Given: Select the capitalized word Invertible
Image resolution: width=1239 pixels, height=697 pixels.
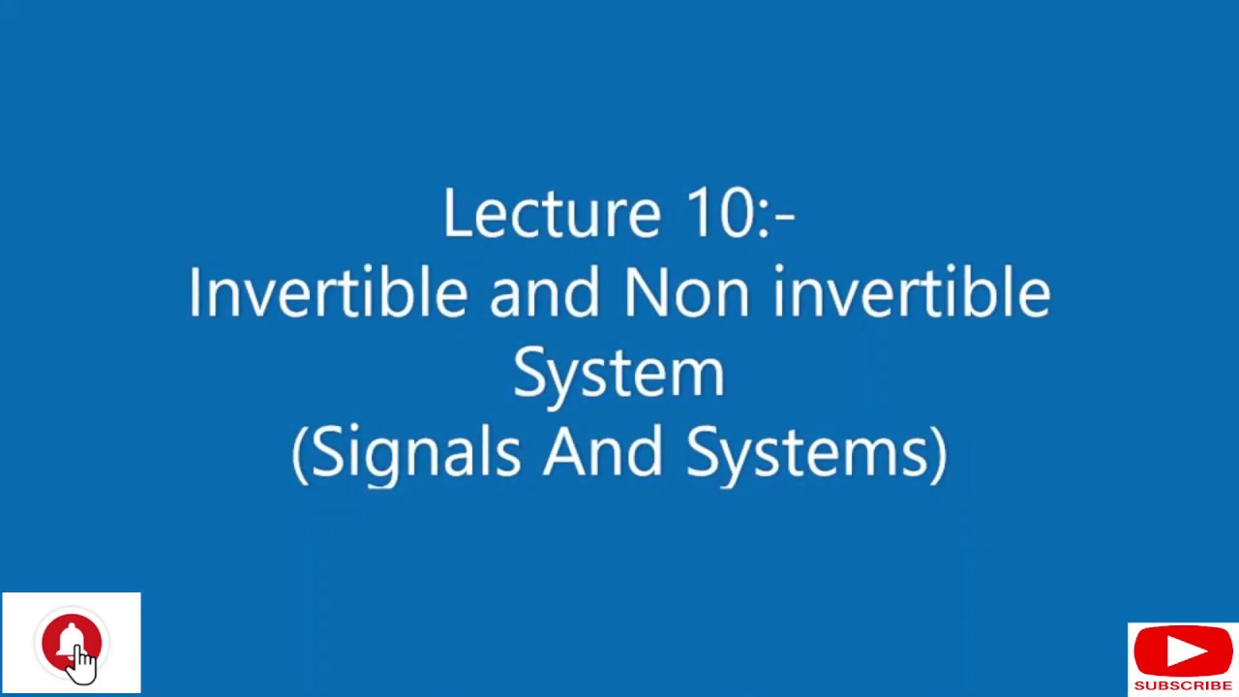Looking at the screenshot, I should (327, 292).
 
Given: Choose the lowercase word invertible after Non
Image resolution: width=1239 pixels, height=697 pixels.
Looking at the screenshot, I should (911, 292).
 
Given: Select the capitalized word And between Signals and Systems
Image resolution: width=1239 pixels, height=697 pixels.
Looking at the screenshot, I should (603, 452).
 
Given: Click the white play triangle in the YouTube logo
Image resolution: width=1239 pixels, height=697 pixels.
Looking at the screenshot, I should (1184, 652).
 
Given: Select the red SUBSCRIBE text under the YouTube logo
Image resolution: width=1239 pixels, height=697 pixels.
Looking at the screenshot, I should (1183, 685).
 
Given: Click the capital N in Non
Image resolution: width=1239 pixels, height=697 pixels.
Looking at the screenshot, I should (645, 292).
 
